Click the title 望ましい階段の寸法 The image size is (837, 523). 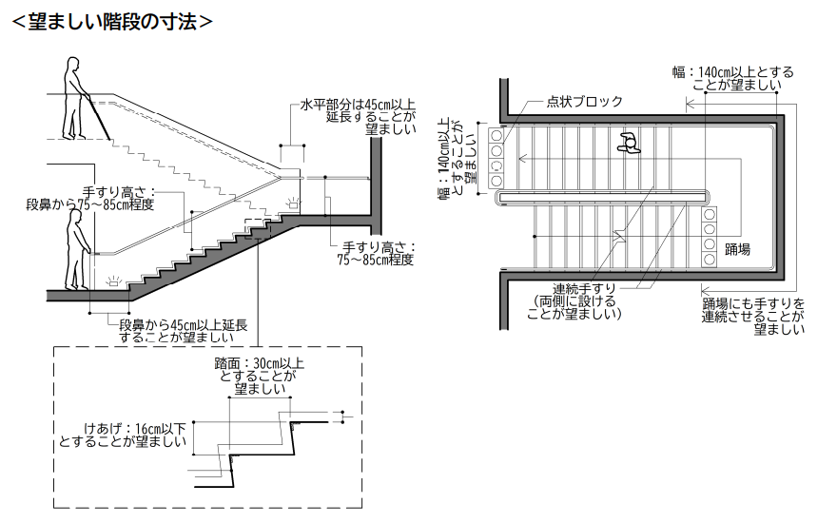pos(110,21)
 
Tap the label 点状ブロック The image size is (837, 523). pos(585,102)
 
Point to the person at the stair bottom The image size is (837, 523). pos(75,250)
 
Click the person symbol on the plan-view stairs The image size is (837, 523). pos(628,144)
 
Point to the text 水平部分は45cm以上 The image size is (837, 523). pos(360,105)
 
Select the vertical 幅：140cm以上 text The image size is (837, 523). pos(442,162)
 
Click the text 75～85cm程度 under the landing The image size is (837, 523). pos(376,259)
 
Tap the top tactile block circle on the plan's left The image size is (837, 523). pos(496,136)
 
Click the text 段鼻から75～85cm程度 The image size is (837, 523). pos(90,203)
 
